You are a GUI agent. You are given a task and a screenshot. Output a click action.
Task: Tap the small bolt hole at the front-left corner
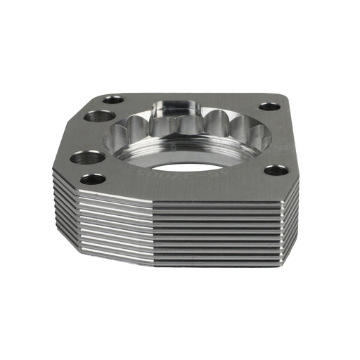[x=93, y=179]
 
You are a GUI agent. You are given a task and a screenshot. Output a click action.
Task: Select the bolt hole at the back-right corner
[x=269, y=107]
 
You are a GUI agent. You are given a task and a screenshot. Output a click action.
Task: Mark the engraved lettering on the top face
[x=158, y=174]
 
